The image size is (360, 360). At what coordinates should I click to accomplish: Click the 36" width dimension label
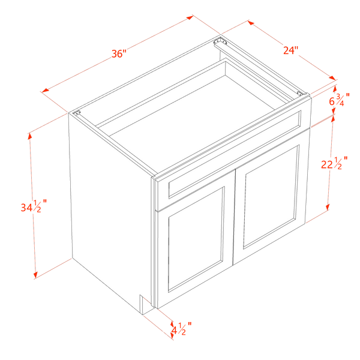tap(119, 54)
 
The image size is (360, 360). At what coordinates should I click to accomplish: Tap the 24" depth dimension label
tap(290, 50)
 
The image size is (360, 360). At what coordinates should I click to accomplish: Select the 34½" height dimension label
tap(34, 206)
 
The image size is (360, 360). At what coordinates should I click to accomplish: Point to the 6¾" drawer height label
tap(339, 100)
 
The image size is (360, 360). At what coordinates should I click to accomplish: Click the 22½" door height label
tap(334, 163)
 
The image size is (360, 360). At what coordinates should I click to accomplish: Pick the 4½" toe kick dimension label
tap(181, 329)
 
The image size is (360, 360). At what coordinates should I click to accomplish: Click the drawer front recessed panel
tap(235, 154)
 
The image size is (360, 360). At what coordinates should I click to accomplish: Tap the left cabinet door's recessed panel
tap(196, 239)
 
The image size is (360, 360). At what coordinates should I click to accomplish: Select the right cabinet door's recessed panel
tap(271, 197)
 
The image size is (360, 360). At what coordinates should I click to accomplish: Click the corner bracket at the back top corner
tap(220, 42)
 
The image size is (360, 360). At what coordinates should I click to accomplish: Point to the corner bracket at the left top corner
tap(77, 113)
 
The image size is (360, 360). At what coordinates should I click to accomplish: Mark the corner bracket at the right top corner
tap(300, 93)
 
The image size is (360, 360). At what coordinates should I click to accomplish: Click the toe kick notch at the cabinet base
tap(146, 304)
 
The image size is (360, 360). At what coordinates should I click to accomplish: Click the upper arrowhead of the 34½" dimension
tap(29, 136)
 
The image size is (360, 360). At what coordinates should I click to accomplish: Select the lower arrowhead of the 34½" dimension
tap(35, 275)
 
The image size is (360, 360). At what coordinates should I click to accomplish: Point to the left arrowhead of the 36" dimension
tap(45, 90)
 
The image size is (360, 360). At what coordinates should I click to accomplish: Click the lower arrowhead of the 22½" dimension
tap(328, 207)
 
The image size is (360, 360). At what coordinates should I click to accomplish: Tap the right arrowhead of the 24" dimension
tap(332, 78)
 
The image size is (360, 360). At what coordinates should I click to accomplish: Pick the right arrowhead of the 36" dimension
tap(190, 17)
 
